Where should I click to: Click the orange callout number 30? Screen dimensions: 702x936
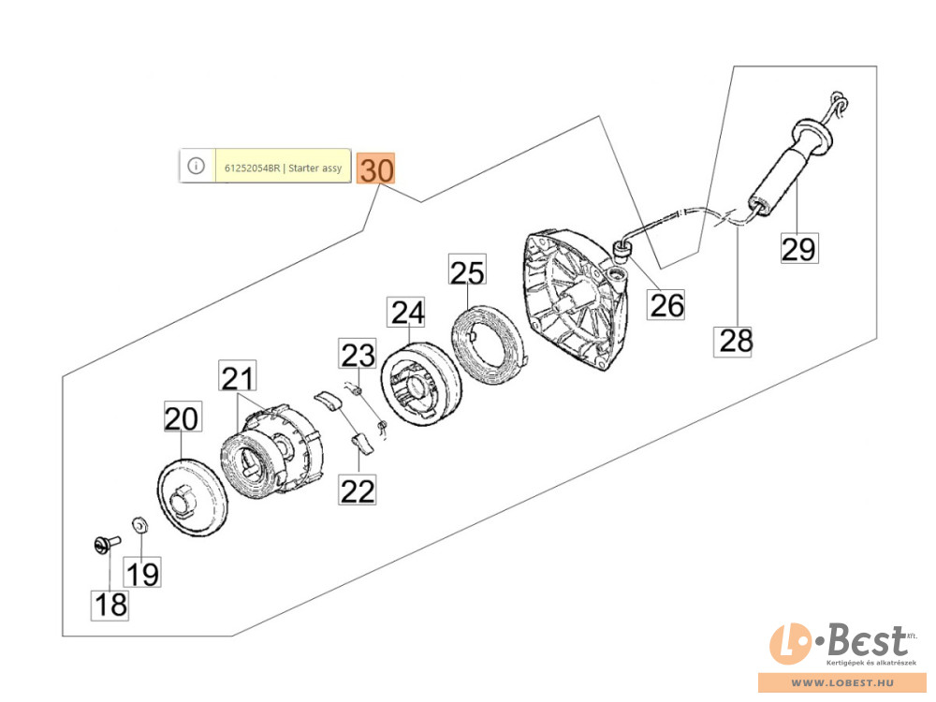pyautogui.click(x=376, y=169)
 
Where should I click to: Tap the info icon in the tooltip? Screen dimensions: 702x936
pyautogui.click(x=196, y=166)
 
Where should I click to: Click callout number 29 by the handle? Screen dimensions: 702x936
pyautogui.click(x=799, y=248)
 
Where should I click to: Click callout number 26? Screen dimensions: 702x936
pyautogui.click(x=667, y=304)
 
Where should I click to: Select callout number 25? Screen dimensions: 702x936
pyautogui.click(x=467, y=272)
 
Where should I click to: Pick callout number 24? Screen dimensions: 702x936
pyautogui.click(x=407, y=313)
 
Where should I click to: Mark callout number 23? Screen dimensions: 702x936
pyautogui.click(x=356, y=356)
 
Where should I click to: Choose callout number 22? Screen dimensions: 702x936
pyautogui.click(x=358, y=490)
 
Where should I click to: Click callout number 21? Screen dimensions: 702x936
pyautogui.click(x=237, y=378)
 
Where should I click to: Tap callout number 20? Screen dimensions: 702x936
pyautogui.click(x=183, y=417)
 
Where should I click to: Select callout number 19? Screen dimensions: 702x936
pyautogui.click(x=143, y=572)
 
